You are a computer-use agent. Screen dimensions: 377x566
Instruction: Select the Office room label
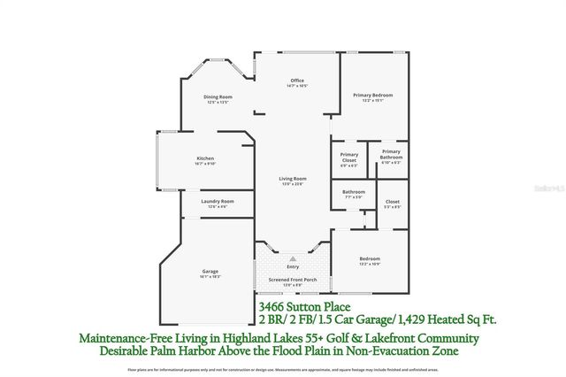[285, 81]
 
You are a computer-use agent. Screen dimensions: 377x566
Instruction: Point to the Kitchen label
[205, 158]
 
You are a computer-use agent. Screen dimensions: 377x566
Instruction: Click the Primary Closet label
[349, 156]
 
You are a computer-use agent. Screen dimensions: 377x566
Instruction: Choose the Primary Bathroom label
[391, 156]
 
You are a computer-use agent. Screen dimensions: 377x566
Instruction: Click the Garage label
[210, 271]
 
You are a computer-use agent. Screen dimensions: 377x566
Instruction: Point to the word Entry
[293, 266]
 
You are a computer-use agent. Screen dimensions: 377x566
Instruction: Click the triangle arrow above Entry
[293, 258]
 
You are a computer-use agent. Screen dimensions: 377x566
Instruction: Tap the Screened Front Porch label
[293, 281]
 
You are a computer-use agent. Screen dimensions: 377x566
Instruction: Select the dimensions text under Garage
[210, 276]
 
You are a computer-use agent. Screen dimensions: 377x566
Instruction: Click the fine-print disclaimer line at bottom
[283, 369]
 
